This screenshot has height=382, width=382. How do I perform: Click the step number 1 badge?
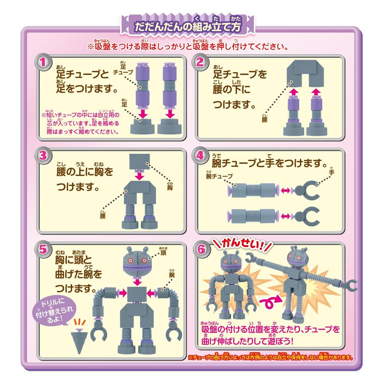click(x=44, y=62)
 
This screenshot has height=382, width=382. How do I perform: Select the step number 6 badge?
click(x=201, y=250)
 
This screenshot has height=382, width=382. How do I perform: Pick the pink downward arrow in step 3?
click(x=139, y=175)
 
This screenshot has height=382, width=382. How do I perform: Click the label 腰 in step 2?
click(x=265, y=120)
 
